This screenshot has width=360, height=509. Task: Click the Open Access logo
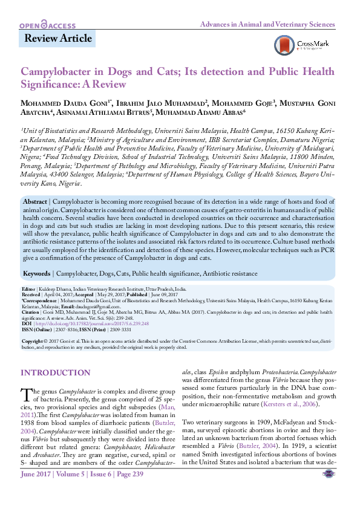(x=47, y=25)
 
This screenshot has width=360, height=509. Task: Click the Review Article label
(x=57, y=39)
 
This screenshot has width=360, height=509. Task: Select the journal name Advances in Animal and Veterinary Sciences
(x=267, y=25)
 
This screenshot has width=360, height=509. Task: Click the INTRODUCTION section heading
(x=55, y=373)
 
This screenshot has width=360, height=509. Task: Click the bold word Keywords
(x=37, y=273)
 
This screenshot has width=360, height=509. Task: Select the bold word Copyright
(x=32, y=341)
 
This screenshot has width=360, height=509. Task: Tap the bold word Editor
(x=28, y=290)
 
